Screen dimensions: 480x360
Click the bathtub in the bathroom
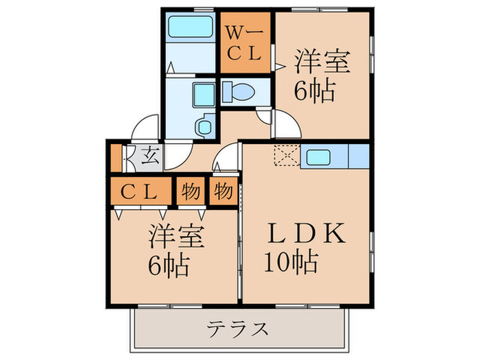pos(191,27)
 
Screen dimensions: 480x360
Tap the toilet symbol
pos(239,91)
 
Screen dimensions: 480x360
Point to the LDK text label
pos(307,233)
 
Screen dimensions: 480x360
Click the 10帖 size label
pos(291,262)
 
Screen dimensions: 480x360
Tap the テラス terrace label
pos(237,329)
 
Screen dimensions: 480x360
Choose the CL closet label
pos(139,192)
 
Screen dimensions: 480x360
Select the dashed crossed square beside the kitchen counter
pos(287,155)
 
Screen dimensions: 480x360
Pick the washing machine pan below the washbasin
pos(204,125)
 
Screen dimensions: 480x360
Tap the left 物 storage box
pos(191,192)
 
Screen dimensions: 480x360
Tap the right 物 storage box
pos(224,191)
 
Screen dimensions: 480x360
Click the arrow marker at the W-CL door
pos(280,66)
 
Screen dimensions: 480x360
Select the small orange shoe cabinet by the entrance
pos(116,158)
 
